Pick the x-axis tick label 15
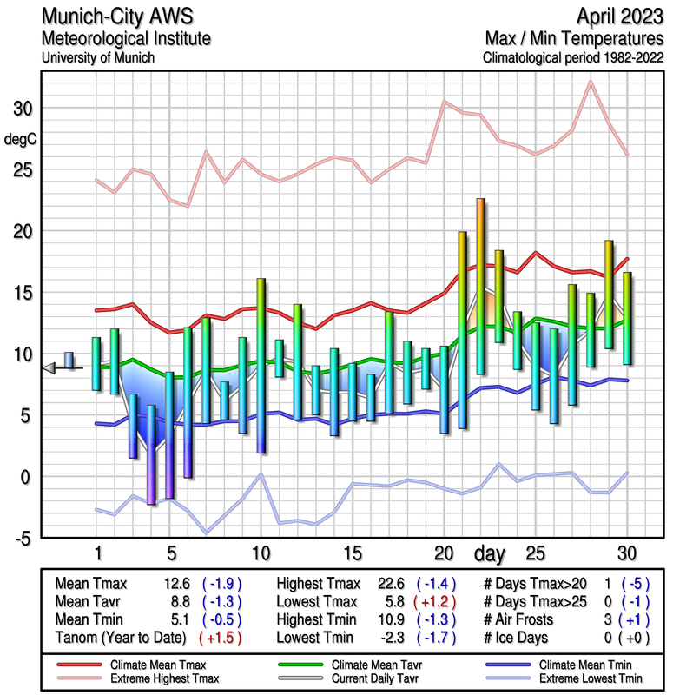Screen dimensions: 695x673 click(352, 553)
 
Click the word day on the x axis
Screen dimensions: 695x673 click(492, 553)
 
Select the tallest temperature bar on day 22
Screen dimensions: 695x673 click(480, 287)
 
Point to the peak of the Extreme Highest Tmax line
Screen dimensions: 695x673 click(591, 82)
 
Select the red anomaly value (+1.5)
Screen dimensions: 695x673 click(220, 638)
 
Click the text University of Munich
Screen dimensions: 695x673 click(98, 57)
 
